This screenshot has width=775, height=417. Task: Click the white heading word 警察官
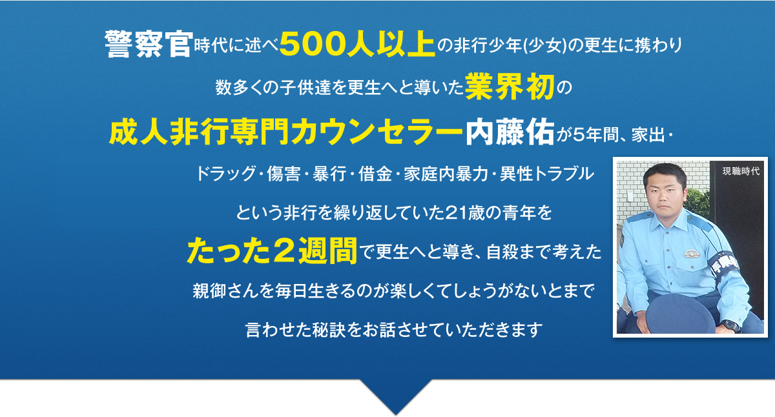pyautogui.click(x=149, y=45)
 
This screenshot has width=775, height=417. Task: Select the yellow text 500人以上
pyautogui.click(x=357, y=45)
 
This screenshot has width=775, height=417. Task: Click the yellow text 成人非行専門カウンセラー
pyautogui.click(x=285, y=132)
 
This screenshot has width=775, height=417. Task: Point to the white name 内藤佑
pyautogui.click(x=510, y=132)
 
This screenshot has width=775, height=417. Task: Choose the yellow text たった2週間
pyautogui.click(x=273, y=250)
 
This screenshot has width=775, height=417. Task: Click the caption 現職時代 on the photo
pyautogui.click(x=741, y=171)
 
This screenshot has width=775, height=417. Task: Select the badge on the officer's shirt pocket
pyautogui.click(x=692, y=254)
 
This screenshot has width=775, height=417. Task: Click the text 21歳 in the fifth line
pyautogui.click(x=466, y=212)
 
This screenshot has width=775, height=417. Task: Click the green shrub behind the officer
pyautogui.click(x=697, y=201)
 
